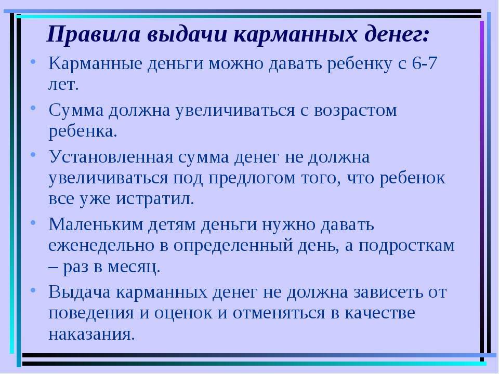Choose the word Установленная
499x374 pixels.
(111, 157)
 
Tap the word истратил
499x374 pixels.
(155, 199)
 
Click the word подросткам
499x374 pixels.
(406, 246)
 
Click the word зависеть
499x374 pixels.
(389, 292)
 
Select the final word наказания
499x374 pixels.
(91, 335)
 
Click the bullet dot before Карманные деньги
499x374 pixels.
(33, 61)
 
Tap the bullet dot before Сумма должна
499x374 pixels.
(33, 108)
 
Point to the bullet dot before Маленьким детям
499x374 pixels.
(33, 222)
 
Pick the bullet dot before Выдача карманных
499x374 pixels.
(33, 290)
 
